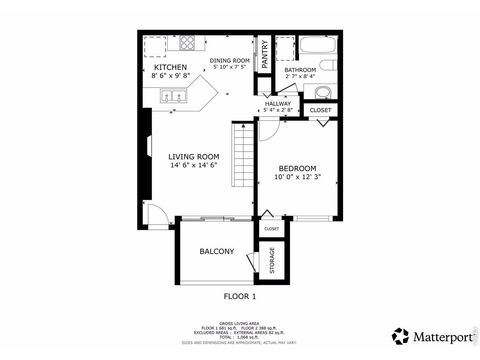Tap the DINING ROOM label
click(x=228, y=60)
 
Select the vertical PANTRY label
click(x=265, y=54)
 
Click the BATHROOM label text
click(x=299, y=69)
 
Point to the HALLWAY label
click(x=277, y=103)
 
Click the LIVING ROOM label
click(x=193, y=156)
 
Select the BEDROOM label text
click(x=297, y=167)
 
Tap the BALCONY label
click(x=216, y=251)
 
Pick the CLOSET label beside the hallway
click(x=320, y=109)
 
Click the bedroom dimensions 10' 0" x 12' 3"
click(x=297, y=178)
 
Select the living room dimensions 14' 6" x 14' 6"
click(x=193, y=166)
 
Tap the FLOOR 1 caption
click(x=239, y=296)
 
